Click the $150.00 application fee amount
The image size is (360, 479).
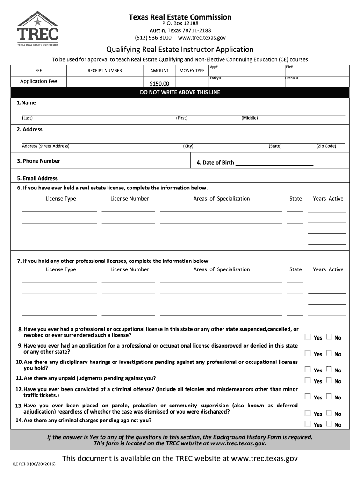(x=159, y=84)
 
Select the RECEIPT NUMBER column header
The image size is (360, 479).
(x=105, y=71)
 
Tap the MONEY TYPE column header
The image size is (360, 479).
(x=192, y=71)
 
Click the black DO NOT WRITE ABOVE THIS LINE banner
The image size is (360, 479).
(x=180, y=92)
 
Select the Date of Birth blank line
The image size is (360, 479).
(x=274, y=163)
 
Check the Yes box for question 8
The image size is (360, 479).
(x=308, y=337)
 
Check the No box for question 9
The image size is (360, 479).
(x=329, y=353)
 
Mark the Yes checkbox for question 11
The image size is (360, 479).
(x=308, y=380)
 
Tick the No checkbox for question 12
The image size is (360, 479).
(x=329, y=397)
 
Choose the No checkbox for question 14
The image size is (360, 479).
(x=329, y=424)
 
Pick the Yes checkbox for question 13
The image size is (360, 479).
(x=308, y=413)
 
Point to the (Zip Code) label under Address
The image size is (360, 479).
(x=326, y=146)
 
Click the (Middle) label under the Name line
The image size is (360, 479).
(x=249, y=118)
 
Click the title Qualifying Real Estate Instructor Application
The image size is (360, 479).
(x=180, y=50)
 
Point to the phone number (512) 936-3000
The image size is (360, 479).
(x=153, y=37)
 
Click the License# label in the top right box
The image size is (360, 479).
(x=292, y=78)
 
